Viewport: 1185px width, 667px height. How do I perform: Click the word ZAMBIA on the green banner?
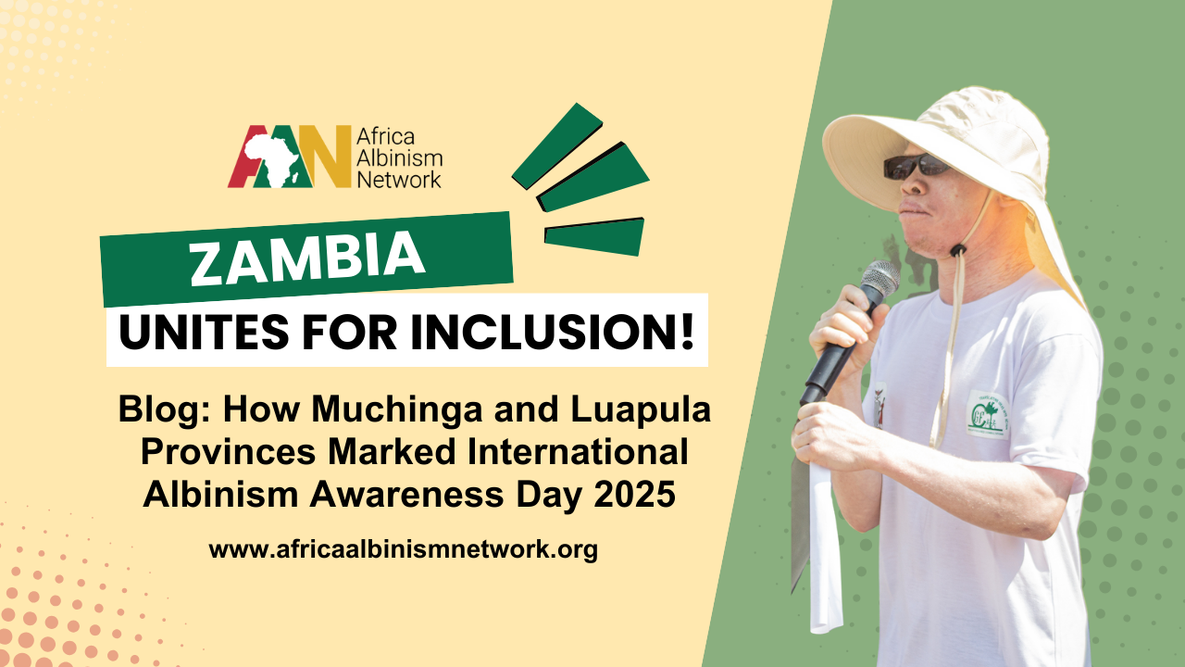click(x=307, y=258)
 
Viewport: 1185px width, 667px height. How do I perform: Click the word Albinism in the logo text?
click(x=399, y=158)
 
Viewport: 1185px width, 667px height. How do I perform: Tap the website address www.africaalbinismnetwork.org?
click(x=403, y=549)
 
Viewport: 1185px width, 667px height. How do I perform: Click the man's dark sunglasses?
click(x=916, y=166)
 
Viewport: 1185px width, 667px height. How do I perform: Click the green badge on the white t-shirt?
click(x=988, y=414)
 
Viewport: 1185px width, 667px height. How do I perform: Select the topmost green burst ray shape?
click(x=557, y=146)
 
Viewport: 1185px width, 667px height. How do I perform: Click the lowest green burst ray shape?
click(x=594, y=236)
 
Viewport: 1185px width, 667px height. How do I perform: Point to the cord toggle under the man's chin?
click(x=957, y=250)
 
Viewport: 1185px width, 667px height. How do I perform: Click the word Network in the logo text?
click(x=399, y=180)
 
